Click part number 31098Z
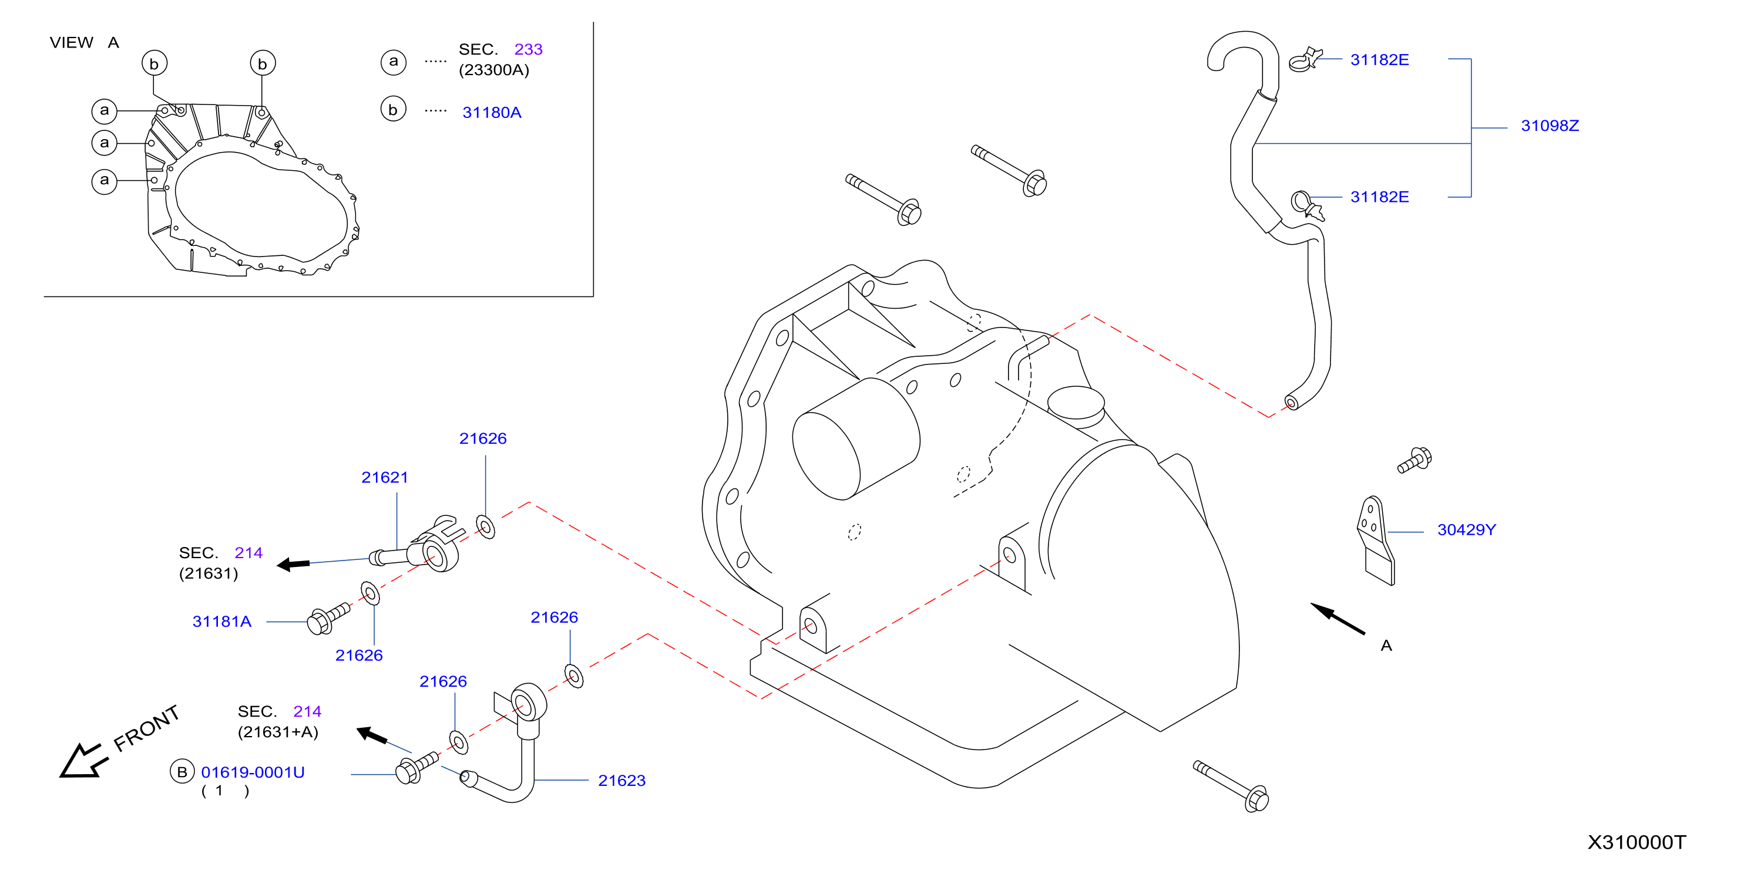pos(1550,126)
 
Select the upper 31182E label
pos(1379,60)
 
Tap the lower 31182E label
pos(1379,197)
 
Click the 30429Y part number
pos(1467,530)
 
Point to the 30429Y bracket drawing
pos(1376,541)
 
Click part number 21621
pos(385,478)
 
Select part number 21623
pos(621,781)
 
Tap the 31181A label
pos(222,622)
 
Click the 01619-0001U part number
pos(253,773)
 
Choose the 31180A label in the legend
pos(492,113)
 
